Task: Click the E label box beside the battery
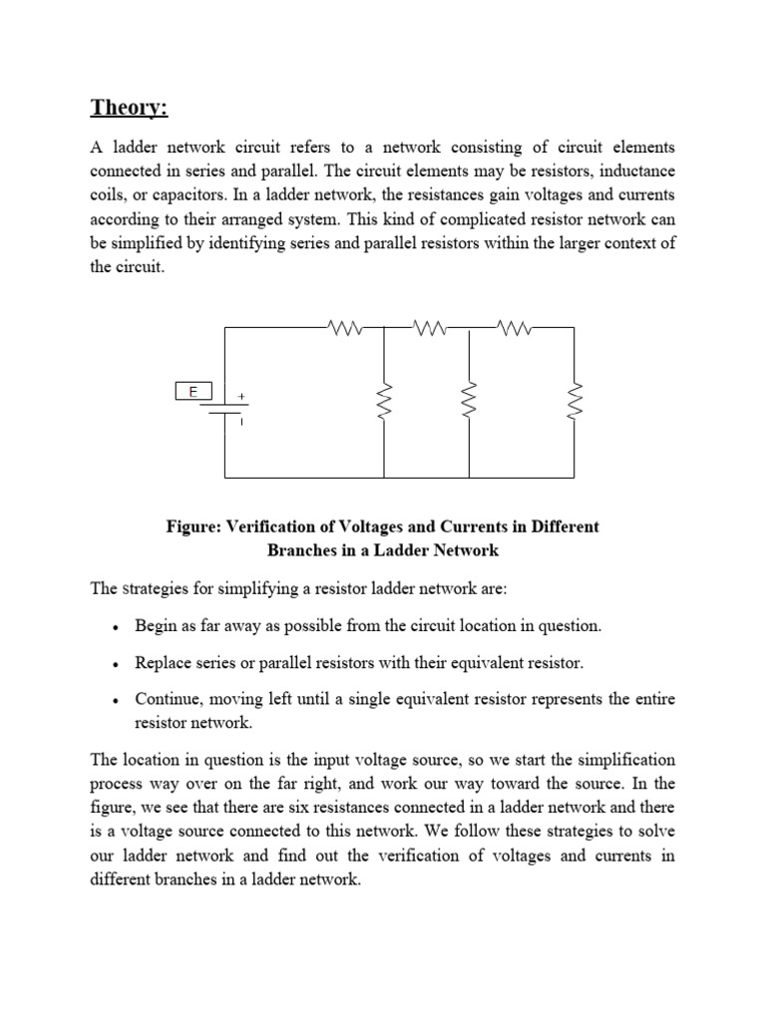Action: (x=192, y=392)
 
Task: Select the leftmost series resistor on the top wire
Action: (x=343, y=325)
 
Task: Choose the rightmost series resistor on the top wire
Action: (x=514, y=325)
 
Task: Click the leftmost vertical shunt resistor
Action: (x=385, y=401)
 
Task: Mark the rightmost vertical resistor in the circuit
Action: (x=574, y=401)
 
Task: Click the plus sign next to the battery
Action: (x=240, y=396)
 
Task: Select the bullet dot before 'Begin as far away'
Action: (x=117, y=628)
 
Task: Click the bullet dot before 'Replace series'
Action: (x=117, y=664)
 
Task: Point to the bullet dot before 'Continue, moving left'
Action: (x=117, y=700)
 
